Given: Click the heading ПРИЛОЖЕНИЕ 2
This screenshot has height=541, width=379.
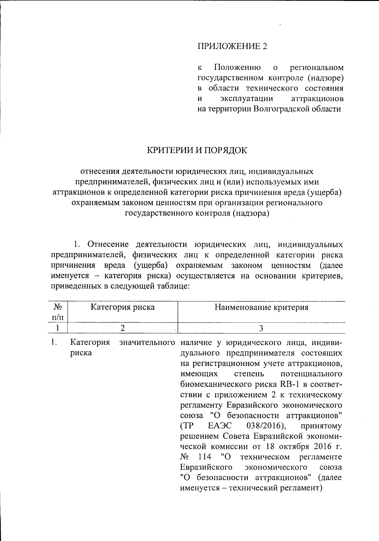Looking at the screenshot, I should coord(232,46).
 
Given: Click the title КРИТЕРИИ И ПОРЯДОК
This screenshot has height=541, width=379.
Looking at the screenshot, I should coord(197,150).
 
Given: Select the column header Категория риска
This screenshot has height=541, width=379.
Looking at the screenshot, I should coord(123,307).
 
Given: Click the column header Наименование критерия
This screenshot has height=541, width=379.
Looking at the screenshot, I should coord(261,307).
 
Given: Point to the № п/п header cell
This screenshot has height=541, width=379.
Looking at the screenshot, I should coord(57,312).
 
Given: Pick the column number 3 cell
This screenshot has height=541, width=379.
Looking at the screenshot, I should coord(261,328).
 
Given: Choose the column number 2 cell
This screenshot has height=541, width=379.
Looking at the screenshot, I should coord(123,328).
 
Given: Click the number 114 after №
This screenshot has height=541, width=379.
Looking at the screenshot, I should coord(205,457).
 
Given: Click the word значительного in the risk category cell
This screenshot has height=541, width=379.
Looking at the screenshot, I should coord(147,343).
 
